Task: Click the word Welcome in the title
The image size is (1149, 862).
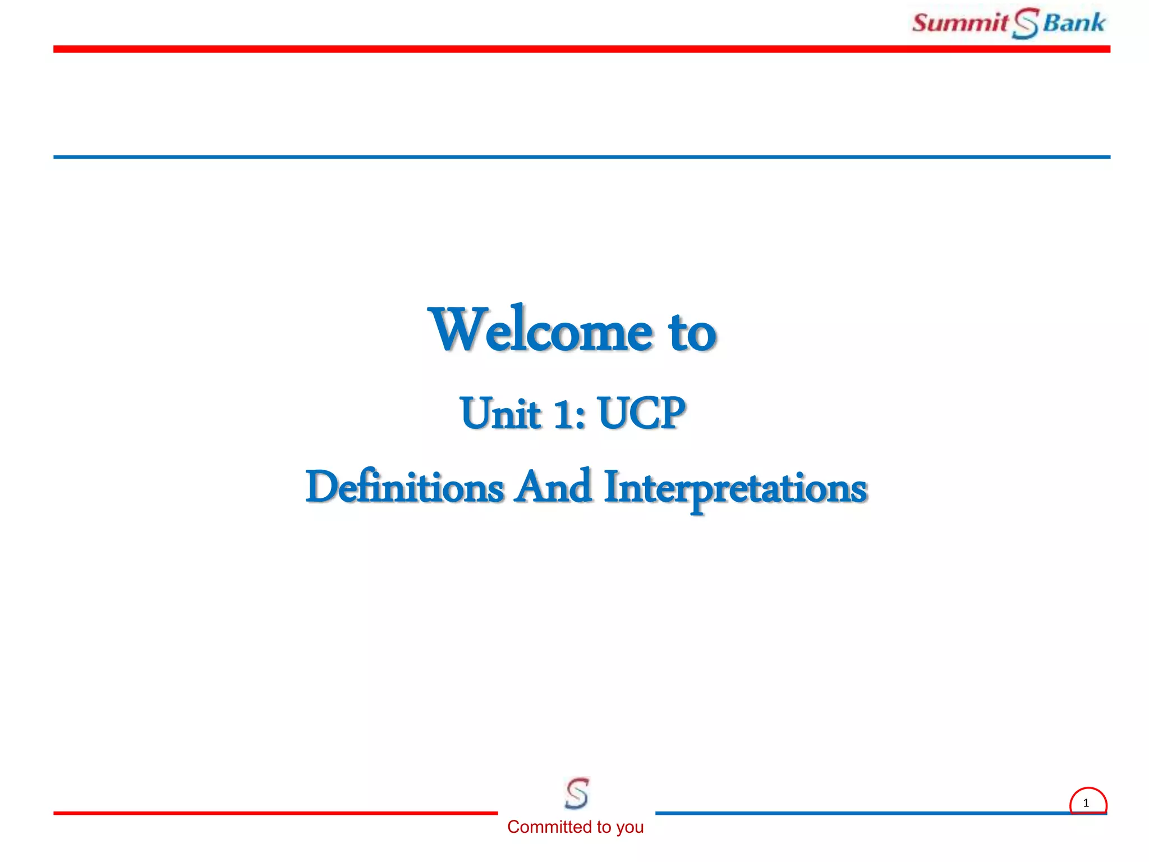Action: click(540, 331)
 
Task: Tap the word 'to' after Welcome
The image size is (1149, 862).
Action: click(692, 332)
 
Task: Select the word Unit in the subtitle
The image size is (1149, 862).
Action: click(500, 414)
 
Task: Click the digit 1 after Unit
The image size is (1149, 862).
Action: click(563, 414)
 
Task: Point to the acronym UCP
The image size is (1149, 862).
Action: click(641, 413)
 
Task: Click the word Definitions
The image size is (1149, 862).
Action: click(405, 487)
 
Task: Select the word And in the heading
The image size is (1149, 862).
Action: click(554, 487)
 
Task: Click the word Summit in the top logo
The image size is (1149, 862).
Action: click(960, 23)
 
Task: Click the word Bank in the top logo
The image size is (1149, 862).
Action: click(1074, 23)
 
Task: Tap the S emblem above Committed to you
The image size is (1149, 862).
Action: click(577, 793)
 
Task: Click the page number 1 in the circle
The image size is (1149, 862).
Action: click(1086, 803)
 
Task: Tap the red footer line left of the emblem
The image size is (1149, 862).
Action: click(275, 813)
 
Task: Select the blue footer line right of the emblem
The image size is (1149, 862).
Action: click(858, 813)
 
